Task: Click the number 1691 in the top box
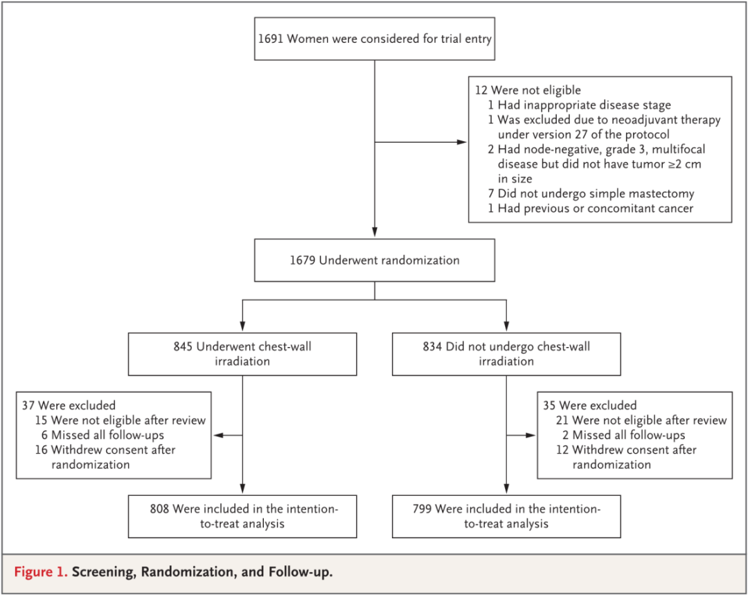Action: (x=271, y=39)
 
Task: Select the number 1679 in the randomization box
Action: (x=303, y=260)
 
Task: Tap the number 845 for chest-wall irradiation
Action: (x=183, y=346)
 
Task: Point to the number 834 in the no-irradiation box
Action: (x=432, y=346)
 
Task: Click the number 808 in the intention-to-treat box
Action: (x=159, y=508)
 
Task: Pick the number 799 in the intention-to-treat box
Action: (x=422, y=508)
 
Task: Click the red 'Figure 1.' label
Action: (x=41, y=571)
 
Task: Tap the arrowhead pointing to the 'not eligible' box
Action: (x=462, y=142)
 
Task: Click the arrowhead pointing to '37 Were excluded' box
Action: (x=218, y=435)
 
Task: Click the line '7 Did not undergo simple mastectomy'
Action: (x=591, y=193)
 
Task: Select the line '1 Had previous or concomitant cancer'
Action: (x=591, y=208)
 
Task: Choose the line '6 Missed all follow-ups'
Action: (x=103, y=435)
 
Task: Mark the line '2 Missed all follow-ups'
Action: (x=623, y=435)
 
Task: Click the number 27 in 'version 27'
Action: (x=581, y=134)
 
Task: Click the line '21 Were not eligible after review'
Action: (x=641, y=420)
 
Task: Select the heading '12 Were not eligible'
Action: (x=528, y=90)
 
